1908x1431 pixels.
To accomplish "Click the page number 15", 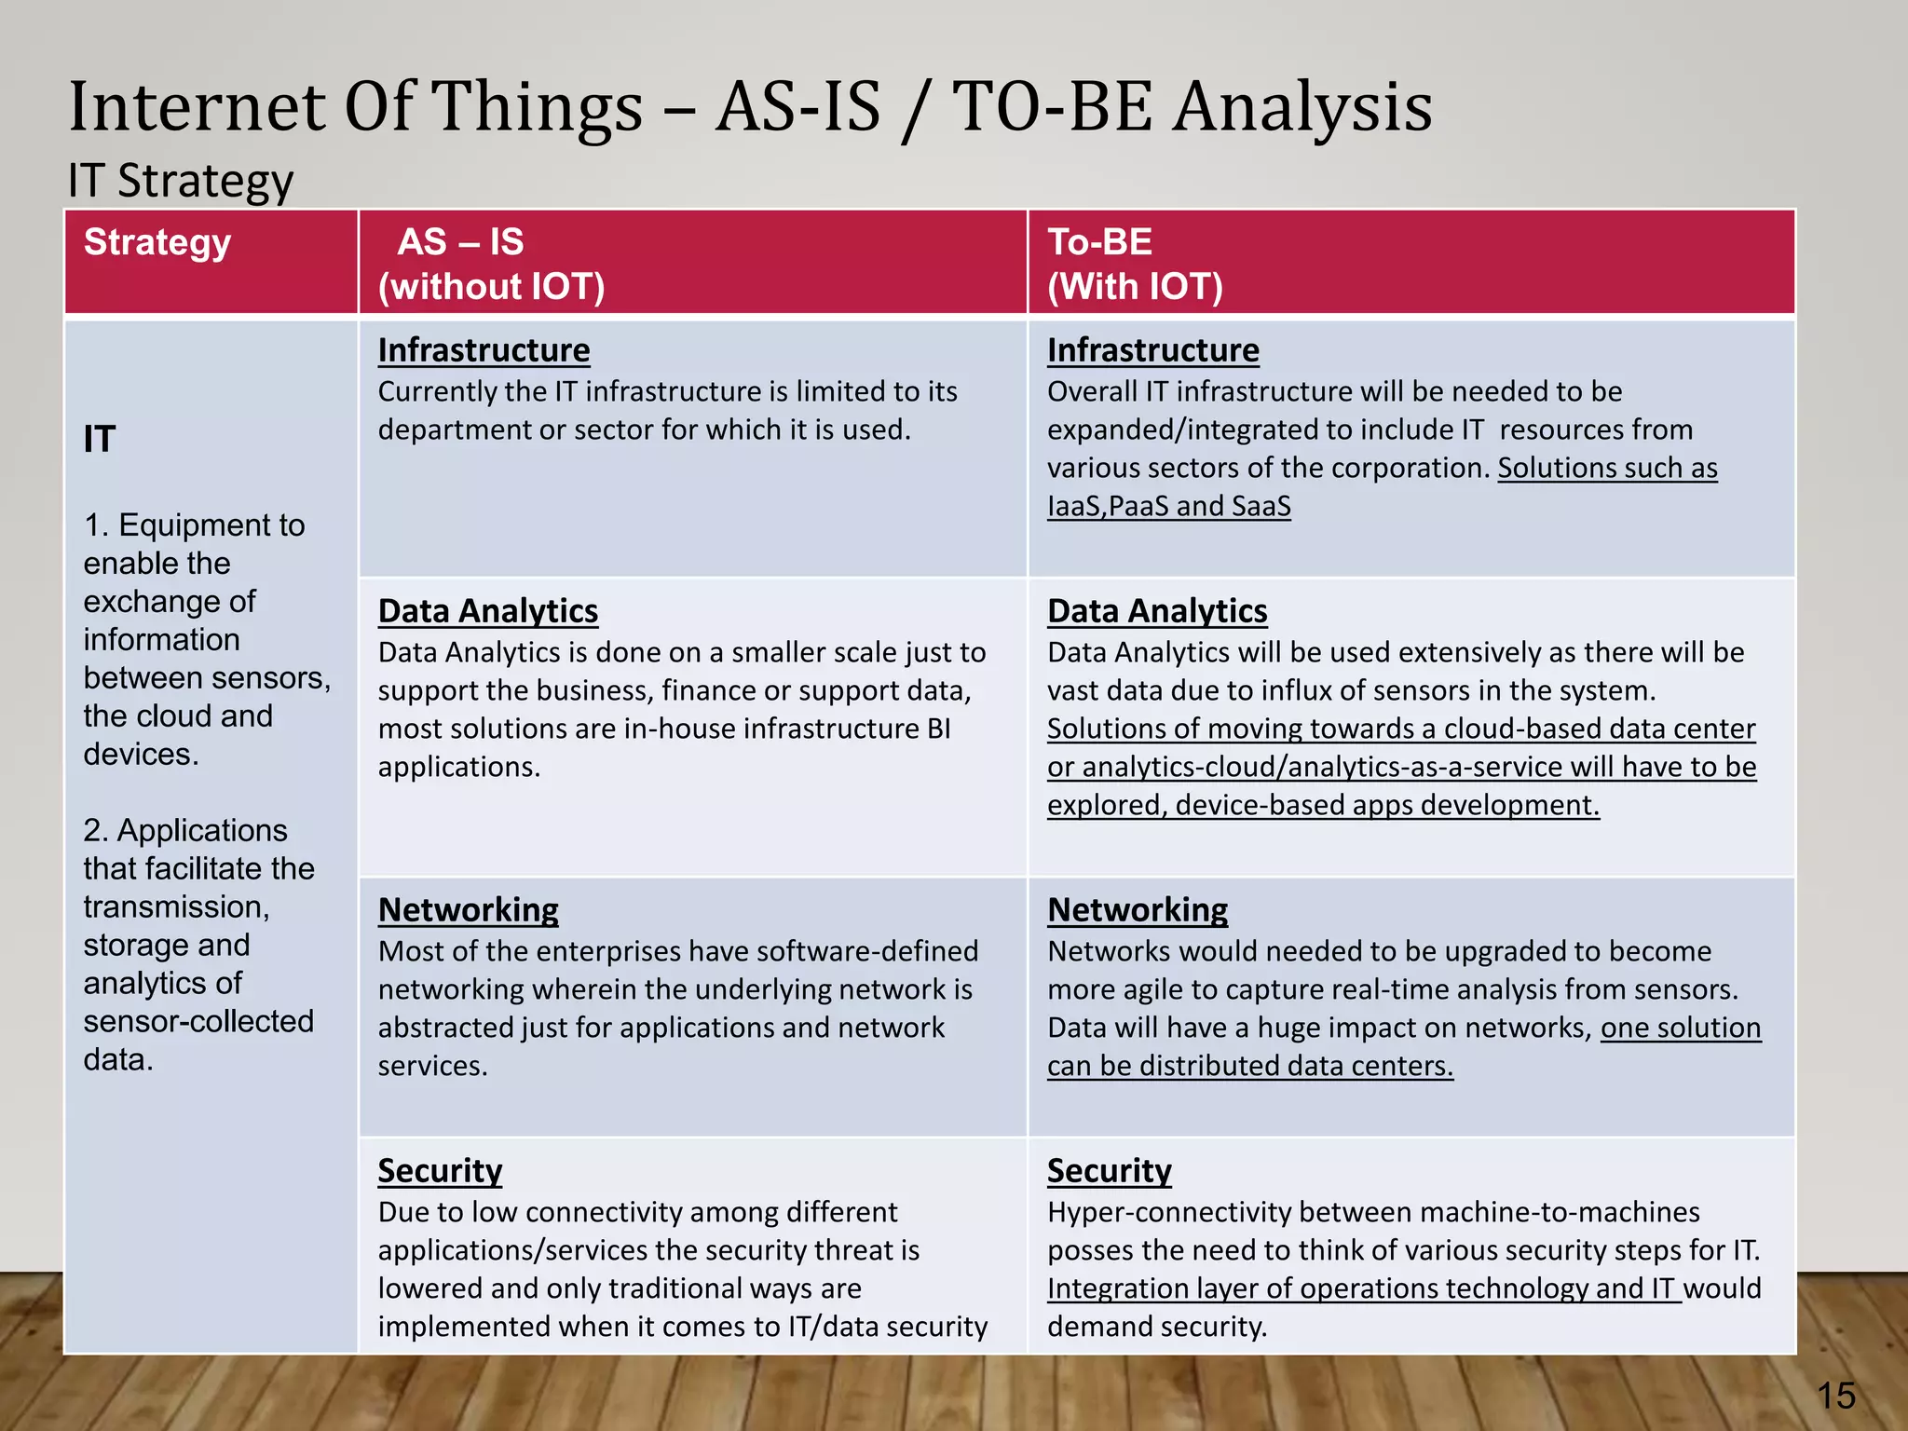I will (1835, 1396).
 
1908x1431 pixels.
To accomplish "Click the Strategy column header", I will (157, 242).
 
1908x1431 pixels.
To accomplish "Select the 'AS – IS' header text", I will (460, 242).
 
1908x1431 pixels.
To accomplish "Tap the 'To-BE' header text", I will (1099, 242).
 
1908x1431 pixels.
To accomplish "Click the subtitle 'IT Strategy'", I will (181, 181).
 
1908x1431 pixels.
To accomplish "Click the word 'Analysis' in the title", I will (1302, 106).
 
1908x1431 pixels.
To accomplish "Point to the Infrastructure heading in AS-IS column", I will (484, 350).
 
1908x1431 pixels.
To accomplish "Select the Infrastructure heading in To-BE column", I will (1152, 350).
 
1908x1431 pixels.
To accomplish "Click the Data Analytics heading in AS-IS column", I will (487, 611).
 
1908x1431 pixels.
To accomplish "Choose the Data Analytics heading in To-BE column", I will (1156, 611).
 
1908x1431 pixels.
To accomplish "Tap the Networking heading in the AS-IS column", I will (468, 909).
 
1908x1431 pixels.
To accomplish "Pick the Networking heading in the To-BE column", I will (1137, 909).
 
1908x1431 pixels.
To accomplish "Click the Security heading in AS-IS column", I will (440, 1170).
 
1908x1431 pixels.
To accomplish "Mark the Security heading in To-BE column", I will (1109, 1170).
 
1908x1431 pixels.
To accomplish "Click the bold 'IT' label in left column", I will (100, 439).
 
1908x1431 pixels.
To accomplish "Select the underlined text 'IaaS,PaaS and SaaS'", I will (1168, 506).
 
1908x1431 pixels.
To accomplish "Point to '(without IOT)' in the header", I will (491, 286).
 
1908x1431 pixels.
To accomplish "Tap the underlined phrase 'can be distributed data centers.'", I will (1249, 1066).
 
